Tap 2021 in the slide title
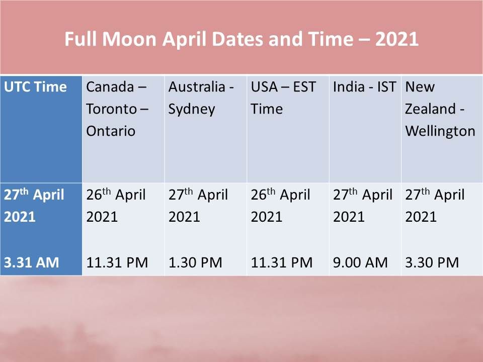[397, 39]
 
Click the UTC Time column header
[35, 87]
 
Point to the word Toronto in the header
[111, 109]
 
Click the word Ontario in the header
[111, 131]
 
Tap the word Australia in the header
[197, 87]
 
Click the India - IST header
[364, 87]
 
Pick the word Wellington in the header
[440, 131]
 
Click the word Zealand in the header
[430, 109]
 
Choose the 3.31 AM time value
[31, 262]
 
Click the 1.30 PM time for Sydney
[195, 262]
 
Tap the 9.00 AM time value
[360, 262]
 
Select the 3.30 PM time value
[432, 262]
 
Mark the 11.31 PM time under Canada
[117, 262]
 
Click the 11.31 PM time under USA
[282, 262]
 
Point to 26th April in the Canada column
[116, 195]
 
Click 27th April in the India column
[363, 195]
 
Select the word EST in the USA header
[304, 87]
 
